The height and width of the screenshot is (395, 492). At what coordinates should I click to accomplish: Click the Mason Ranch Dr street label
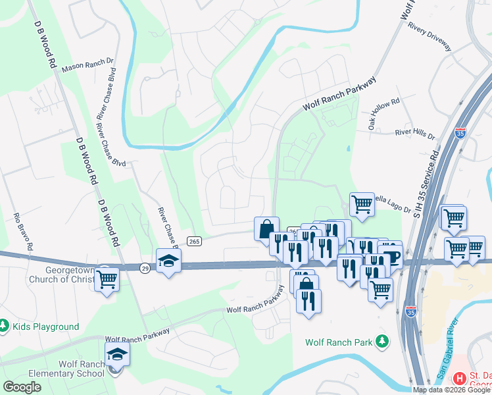click(x=87, y=65)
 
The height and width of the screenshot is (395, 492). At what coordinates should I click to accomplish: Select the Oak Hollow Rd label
click(x=384, y=115)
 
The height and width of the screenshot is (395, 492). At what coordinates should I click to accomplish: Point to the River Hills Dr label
click(x=414, y=133)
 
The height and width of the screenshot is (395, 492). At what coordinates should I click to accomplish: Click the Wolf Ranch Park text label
click(x=338, y=342)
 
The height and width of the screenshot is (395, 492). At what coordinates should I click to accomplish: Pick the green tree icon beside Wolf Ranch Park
click(x=381, y=342)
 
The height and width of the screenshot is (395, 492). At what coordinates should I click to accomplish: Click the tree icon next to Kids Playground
click(x=5, y=326)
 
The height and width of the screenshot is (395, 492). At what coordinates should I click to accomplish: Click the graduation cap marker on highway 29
click(x=168, y=260)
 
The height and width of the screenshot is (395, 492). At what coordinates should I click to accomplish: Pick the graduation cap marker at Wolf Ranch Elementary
click(x=117, y=355)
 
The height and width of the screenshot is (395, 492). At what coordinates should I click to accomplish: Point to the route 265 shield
click(x=193, y=242)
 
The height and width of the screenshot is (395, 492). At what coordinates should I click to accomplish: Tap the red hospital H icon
click(x=460, y=379)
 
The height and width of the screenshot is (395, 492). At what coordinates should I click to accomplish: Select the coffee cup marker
click(x=392, y=257)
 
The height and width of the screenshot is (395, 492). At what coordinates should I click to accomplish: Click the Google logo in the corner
click(x=22, y=387)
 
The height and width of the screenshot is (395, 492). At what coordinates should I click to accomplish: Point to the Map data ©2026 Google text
click(x=451, y=390)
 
